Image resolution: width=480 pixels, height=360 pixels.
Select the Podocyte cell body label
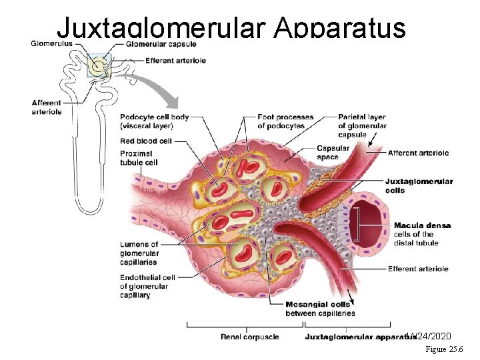[x=155, y=121]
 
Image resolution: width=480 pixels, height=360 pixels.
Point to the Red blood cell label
[x=146, y=141]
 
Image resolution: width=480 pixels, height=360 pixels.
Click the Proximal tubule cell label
[x=139, y=157]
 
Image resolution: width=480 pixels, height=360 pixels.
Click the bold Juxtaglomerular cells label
[x=419, y=185]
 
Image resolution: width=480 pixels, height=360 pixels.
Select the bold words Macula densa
[x=422, y=225]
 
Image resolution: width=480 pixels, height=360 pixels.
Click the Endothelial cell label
[x=147, y=286]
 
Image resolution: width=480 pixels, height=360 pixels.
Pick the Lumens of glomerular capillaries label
[x=139, y=253]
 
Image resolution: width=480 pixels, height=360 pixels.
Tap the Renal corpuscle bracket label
[x=249, y=337]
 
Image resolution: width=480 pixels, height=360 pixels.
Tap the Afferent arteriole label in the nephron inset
[x=46, y=107]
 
